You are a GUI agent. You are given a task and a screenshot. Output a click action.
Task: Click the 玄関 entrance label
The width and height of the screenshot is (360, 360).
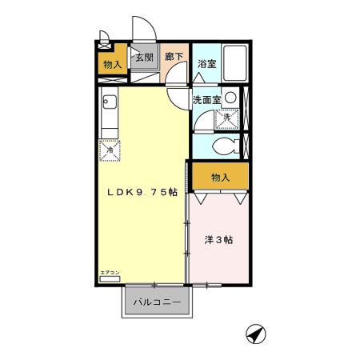click(x=143, y=58)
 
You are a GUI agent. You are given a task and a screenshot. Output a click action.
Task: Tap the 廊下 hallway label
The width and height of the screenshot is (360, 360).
click(x=174, y=57)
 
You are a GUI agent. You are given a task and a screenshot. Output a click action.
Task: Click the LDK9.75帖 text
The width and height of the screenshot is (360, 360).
click(x=142, y=194)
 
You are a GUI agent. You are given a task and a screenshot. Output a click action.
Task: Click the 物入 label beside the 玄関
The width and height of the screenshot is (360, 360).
click(x=111, y=64)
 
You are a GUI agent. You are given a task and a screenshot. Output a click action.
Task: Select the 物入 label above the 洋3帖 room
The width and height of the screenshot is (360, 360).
click(x=220, y=176)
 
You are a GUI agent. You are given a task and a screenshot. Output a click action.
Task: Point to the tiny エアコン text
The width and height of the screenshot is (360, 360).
click(x=110, y=273)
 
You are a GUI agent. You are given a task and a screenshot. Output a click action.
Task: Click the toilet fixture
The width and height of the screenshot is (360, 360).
click(x=227, y=146)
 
